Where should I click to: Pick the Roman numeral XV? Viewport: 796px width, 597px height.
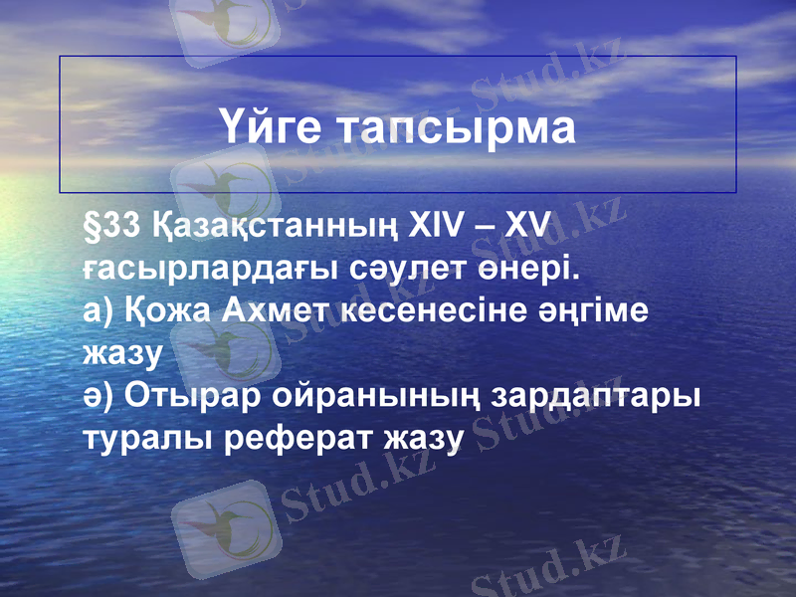coord(526,228)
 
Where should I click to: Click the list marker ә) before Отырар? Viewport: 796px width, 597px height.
coord(99,395)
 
